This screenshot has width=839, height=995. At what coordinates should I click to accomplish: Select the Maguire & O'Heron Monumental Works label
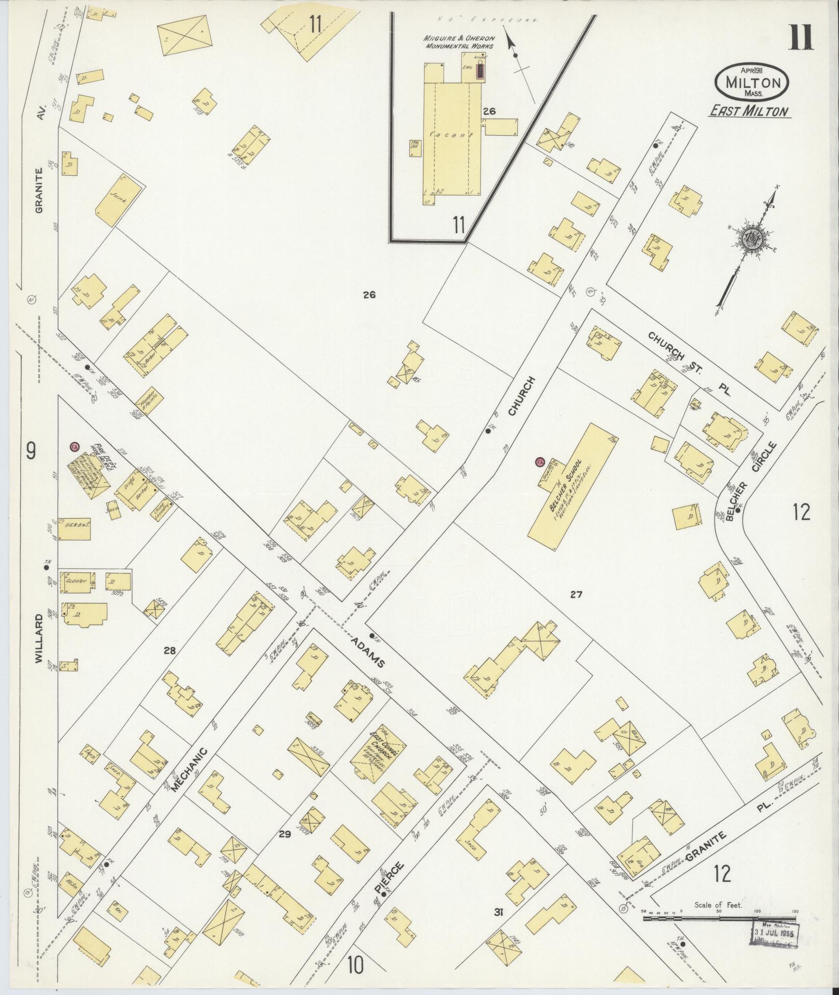[x=459, y=42]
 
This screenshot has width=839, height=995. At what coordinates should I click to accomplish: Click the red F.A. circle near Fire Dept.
[x=75, y=447]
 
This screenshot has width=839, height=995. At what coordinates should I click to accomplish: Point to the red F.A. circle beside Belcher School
[x=539, y=461]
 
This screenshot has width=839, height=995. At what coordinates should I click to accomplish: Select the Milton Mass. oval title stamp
[x=751, y=82]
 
